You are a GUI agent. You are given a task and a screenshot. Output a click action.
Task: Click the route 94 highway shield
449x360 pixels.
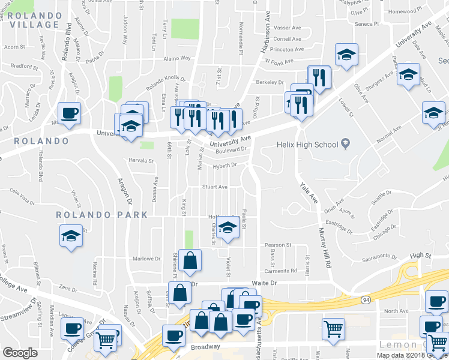pos(365,299)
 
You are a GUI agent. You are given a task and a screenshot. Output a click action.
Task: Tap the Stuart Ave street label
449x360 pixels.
pos(214,187)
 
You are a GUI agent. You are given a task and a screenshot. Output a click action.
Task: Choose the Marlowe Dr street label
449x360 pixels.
pos(146,259)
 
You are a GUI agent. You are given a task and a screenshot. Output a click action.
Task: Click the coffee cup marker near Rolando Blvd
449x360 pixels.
pos(69,113)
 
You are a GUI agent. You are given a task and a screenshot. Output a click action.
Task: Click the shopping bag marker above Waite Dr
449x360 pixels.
pos(190,260)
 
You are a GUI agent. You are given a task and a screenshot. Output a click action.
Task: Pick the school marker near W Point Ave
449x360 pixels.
pos(346,55)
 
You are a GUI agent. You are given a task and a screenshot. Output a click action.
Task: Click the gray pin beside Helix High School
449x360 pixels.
pos(345,143)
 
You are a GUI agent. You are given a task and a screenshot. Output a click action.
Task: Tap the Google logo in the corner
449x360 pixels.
pos(20,353)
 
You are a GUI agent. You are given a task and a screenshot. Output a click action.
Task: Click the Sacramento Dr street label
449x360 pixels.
pos(380,257)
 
